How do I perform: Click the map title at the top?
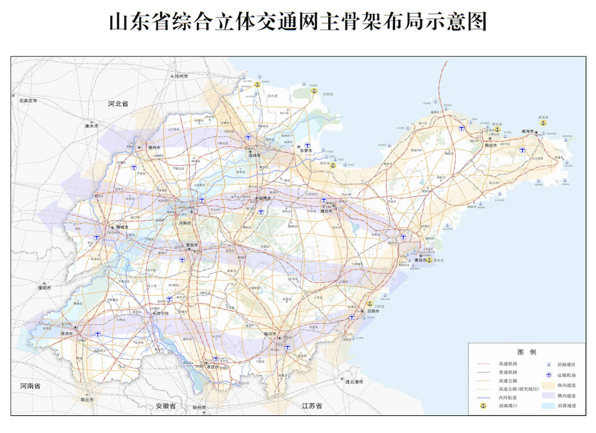click(297, 22)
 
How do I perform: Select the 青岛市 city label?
click(421, 260)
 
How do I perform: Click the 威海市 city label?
click(528, 132)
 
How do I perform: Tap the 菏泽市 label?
click(67, 334)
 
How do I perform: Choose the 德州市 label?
click(155, 147)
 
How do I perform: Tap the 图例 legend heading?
click(526, 352)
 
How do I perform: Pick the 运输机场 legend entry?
click(565, 375)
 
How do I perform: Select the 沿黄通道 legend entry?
click(565, 406)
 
